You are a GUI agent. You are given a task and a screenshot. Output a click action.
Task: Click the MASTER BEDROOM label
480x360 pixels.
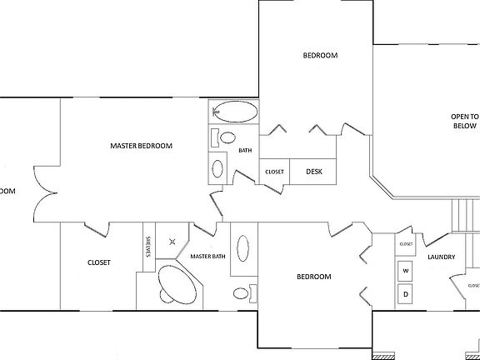click(x=141, y=146)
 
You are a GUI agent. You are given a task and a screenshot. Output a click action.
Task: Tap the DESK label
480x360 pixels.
click(x=314, y=172)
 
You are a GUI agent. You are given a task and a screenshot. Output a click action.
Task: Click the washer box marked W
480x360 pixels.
click(x=406, y=271)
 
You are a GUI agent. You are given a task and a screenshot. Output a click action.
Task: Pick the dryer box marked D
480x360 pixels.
click(x=406, y=293)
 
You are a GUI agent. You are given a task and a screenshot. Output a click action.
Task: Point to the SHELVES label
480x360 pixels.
click(x=149, y=248)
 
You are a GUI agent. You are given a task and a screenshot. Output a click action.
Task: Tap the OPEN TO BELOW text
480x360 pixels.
click(x=464, y=122)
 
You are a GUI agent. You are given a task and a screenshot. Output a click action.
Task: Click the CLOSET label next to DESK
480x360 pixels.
click(x=274, y=172)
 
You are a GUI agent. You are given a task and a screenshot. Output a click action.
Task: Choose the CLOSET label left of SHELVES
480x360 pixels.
click(x=99, y=262)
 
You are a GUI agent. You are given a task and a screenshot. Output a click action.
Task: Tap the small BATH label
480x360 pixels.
click(x=245, y=151)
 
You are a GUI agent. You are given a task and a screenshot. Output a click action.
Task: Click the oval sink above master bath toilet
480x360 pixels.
click(x=243, y=249)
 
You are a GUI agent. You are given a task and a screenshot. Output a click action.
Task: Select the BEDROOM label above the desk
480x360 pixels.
click(x=319, y=56)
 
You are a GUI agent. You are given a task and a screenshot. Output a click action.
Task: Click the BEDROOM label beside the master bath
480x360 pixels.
click(x=315, y=277)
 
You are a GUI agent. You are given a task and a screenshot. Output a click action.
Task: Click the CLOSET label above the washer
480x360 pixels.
click(x=406, y=243)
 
